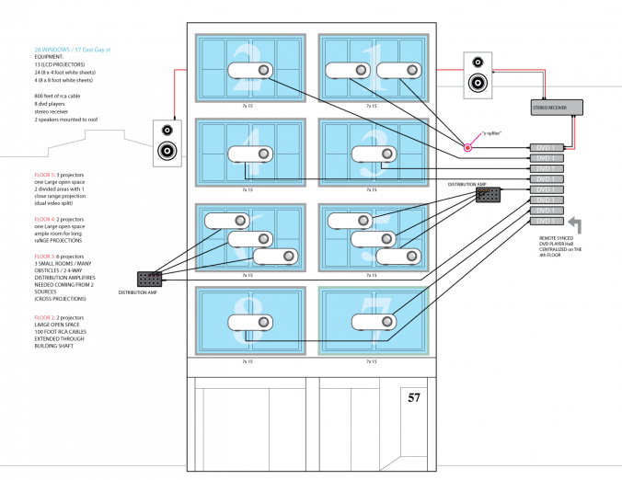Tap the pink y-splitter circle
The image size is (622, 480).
[467, 147]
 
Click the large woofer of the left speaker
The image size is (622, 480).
[167, 151]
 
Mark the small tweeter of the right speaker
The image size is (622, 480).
[477, 63]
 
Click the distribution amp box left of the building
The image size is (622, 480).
[149, 279]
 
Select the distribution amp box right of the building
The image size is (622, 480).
[488, 195]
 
